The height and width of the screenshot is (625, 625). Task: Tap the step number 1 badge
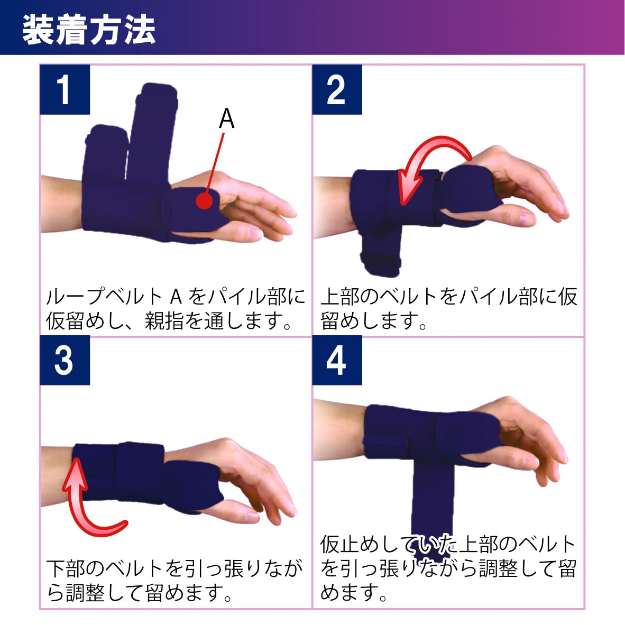click(x=65, y=90)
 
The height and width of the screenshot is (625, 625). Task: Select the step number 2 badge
click(x=337, y=90)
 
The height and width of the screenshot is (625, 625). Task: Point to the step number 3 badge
click(x=65, y=360)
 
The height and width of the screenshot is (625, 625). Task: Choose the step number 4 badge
click(x=337, y=360)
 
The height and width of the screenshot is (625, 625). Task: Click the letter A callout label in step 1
click(x=226, y=118)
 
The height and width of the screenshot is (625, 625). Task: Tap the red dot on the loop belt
click(x=205, y=200)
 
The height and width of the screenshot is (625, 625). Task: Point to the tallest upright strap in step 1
click(x=153, y=132)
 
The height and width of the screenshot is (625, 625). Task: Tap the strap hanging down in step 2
click(x=381, y=251)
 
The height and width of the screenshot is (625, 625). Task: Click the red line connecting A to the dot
click(x=216, y=163)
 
